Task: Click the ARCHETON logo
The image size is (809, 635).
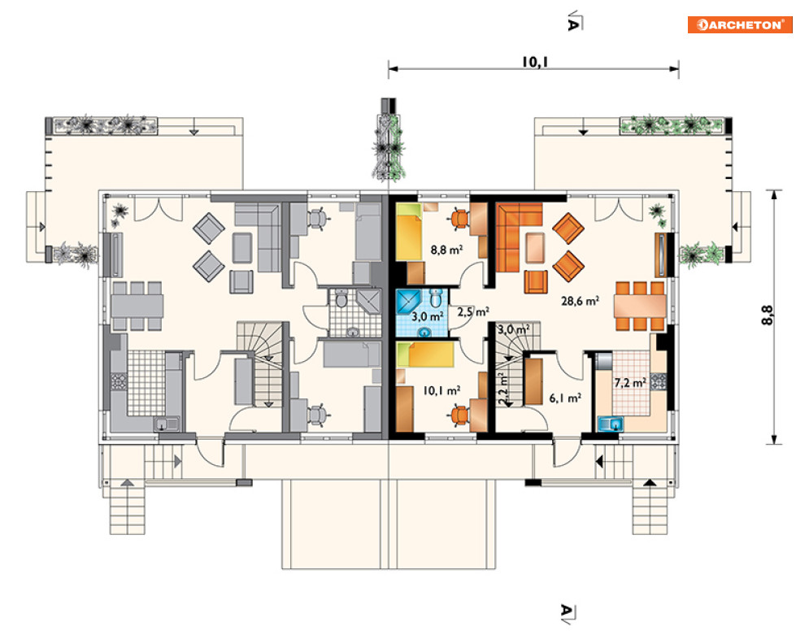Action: coord(739,24)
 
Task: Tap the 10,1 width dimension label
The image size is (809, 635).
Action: coord(534,62)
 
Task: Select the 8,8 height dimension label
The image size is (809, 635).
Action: coord(768,315)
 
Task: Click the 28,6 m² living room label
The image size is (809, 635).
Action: coord(580,301)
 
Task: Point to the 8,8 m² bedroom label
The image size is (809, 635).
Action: coord(446,250)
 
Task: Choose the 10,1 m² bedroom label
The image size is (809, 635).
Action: coord(441,390)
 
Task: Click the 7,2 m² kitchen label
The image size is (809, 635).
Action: coord(630,383)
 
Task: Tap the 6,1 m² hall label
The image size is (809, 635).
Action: coord(565,398)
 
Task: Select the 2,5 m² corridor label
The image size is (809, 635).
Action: coord(473,311)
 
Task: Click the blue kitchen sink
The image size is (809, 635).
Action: coord(610,424)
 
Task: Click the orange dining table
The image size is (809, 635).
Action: coord(640,307)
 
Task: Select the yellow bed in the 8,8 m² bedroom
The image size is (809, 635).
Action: coord(409,232)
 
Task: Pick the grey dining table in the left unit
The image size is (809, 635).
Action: coord(137,306)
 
